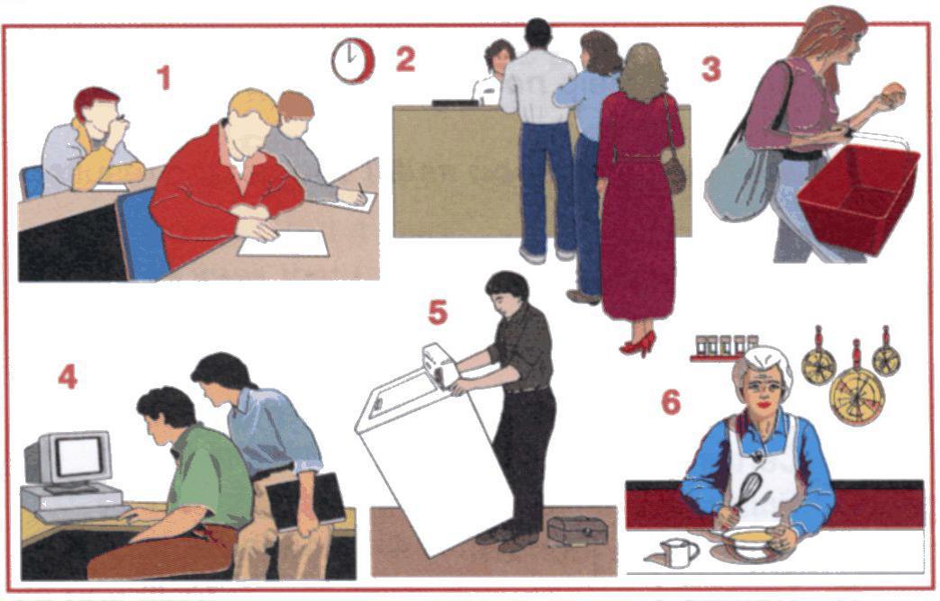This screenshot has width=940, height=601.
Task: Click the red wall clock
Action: coord(353,60)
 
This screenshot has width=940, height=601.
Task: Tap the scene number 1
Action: coord(164,77)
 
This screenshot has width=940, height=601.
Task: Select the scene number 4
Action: coord(68,377)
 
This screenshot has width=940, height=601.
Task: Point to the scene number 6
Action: coord(671,402)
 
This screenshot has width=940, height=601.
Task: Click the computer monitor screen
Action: coord(79,456)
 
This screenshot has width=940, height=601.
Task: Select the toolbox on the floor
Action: coord(577,530)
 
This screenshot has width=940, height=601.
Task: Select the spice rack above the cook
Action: coord(724,347)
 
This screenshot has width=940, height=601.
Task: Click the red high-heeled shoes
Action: coord(637,344)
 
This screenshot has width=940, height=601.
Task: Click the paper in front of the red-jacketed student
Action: coord(284,243)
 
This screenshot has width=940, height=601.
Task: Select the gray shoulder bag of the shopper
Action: coord(738,182)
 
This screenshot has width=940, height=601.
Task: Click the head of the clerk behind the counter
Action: coord(499,56)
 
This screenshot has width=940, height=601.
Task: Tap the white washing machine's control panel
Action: coord(440,365)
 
